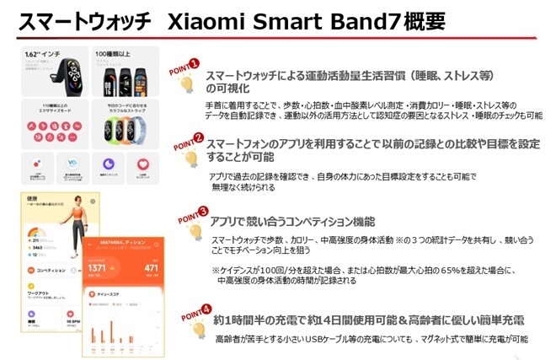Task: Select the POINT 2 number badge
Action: (199, 137)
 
